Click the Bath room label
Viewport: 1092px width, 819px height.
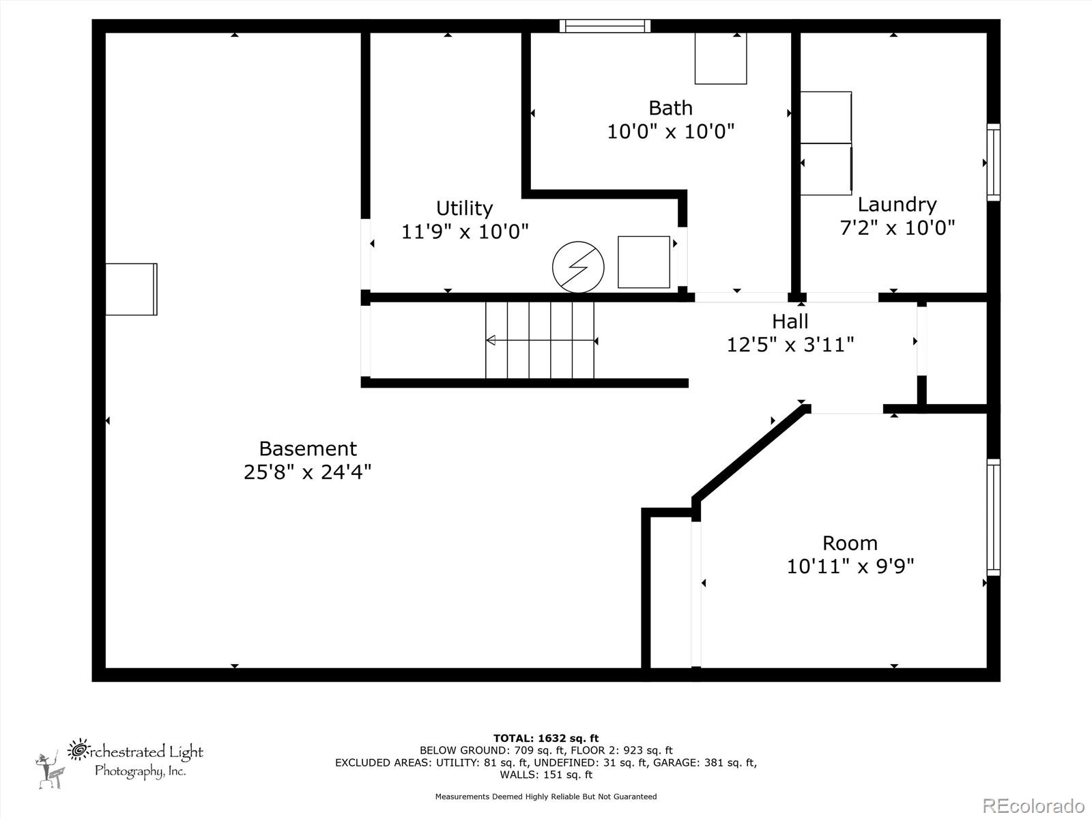point(670,108)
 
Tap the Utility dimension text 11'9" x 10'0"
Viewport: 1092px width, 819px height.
point(464,232)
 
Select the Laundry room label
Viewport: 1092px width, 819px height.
point(897,204)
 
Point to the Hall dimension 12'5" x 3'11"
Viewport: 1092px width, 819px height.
point(790,345)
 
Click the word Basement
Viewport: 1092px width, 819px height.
point(308,448)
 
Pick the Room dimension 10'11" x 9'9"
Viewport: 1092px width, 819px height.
point(850,566)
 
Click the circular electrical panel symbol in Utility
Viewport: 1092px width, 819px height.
point(578,267)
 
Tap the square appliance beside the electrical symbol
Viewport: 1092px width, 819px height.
point(644,262)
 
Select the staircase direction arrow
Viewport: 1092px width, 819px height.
point(541,340)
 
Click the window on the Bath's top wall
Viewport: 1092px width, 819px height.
point(605,26)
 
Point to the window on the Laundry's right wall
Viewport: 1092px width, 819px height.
point(993,162)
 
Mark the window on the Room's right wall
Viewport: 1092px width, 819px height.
point(993,517)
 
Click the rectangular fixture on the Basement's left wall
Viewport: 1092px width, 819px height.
point(131,289)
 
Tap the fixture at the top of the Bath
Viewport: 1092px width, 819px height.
point(721,58)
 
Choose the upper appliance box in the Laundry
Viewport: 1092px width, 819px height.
point(826,117)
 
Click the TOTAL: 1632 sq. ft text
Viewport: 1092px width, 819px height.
point(546,738)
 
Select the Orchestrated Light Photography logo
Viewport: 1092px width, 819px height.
point(120,763)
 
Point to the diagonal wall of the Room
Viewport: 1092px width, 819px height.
point(751,453)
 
